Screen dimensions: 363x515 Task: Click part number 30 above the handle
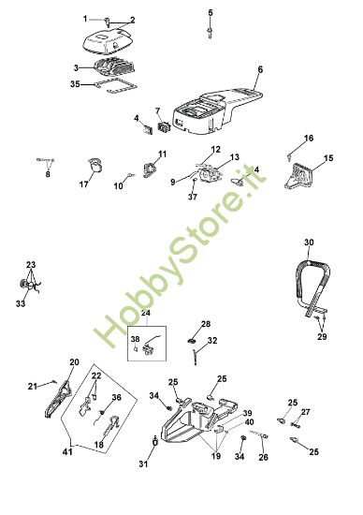point(309,243)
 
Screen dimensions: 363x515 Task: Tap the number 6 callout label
point(260,69)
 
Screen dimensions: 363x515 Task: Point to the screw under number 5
point(210,31)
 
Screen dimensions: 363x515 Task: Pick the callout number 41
point(67,452)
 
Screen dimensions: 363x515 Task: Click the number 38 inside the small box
point(136,339)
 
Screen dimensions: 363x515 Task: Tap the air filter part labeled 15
point(298,176)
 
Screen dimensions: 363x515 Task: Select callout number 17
point(83,184)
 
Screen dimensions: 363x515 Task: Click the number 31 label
point(143,463)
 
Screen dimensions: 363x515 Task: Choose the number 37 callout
point(193,197)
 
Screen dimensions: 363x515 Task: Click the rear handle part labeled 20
point(58,399)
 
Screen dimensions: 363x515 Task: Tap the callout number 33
point(21,303)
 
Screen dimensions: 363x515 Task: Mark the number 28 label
point(206,324)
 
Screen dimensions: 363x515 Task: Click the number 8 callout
point(48,174)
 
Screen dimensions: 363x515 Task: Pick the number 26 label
point(263,457)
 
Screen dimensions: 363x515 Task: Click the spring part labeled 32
point(196,357)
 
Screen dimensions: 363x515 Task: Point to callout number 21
point(32,386)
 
